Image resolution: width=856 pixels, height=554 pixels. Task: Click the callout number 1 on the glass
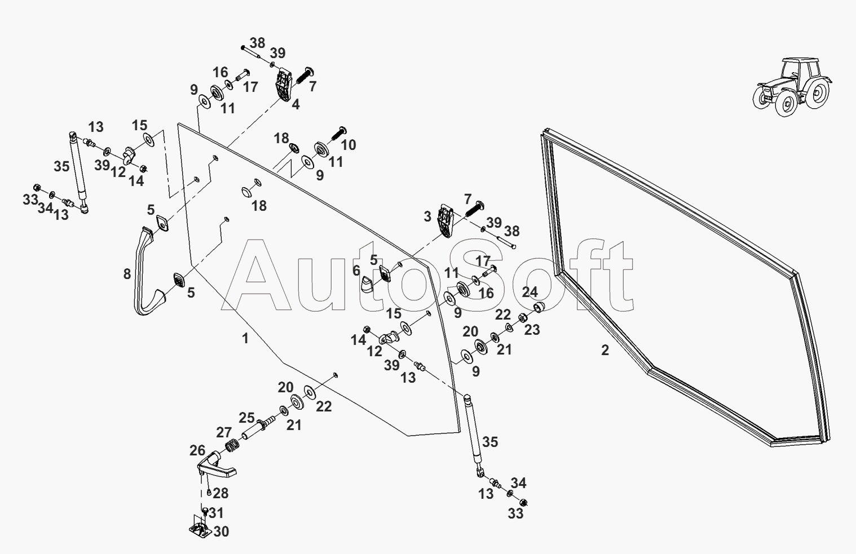[x=245, y=338]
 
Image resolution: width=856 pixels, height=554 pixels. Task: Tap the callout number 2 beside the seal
[x=605, y=350]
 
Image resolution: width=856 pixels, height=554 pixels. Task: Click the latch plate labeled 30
[x=199, y=529]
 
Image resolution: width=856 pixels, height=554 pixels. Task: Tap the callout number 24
[x=530, y=292]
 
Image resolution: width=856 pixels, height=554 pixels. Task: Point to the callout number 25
[x=246, y=418]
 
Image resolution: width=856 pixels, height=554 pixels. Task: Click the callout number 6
[x=356, y=271]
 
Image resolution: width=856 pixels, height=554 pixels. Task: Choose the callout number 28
[x=220, y=494]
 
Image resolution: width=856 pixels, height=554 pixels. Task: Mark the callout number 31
[x=216, y=513]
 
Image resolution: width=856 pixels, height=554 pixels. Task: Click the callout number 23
[x=532, y=330]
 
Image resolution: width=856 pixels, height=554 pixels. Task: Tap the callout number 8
[x=127, y=274]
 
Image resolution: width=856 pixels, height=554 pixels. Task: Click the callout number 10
[x=348, y=145]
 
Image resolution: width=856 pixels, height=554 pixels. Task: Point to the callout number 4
[x=295, y=104]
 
